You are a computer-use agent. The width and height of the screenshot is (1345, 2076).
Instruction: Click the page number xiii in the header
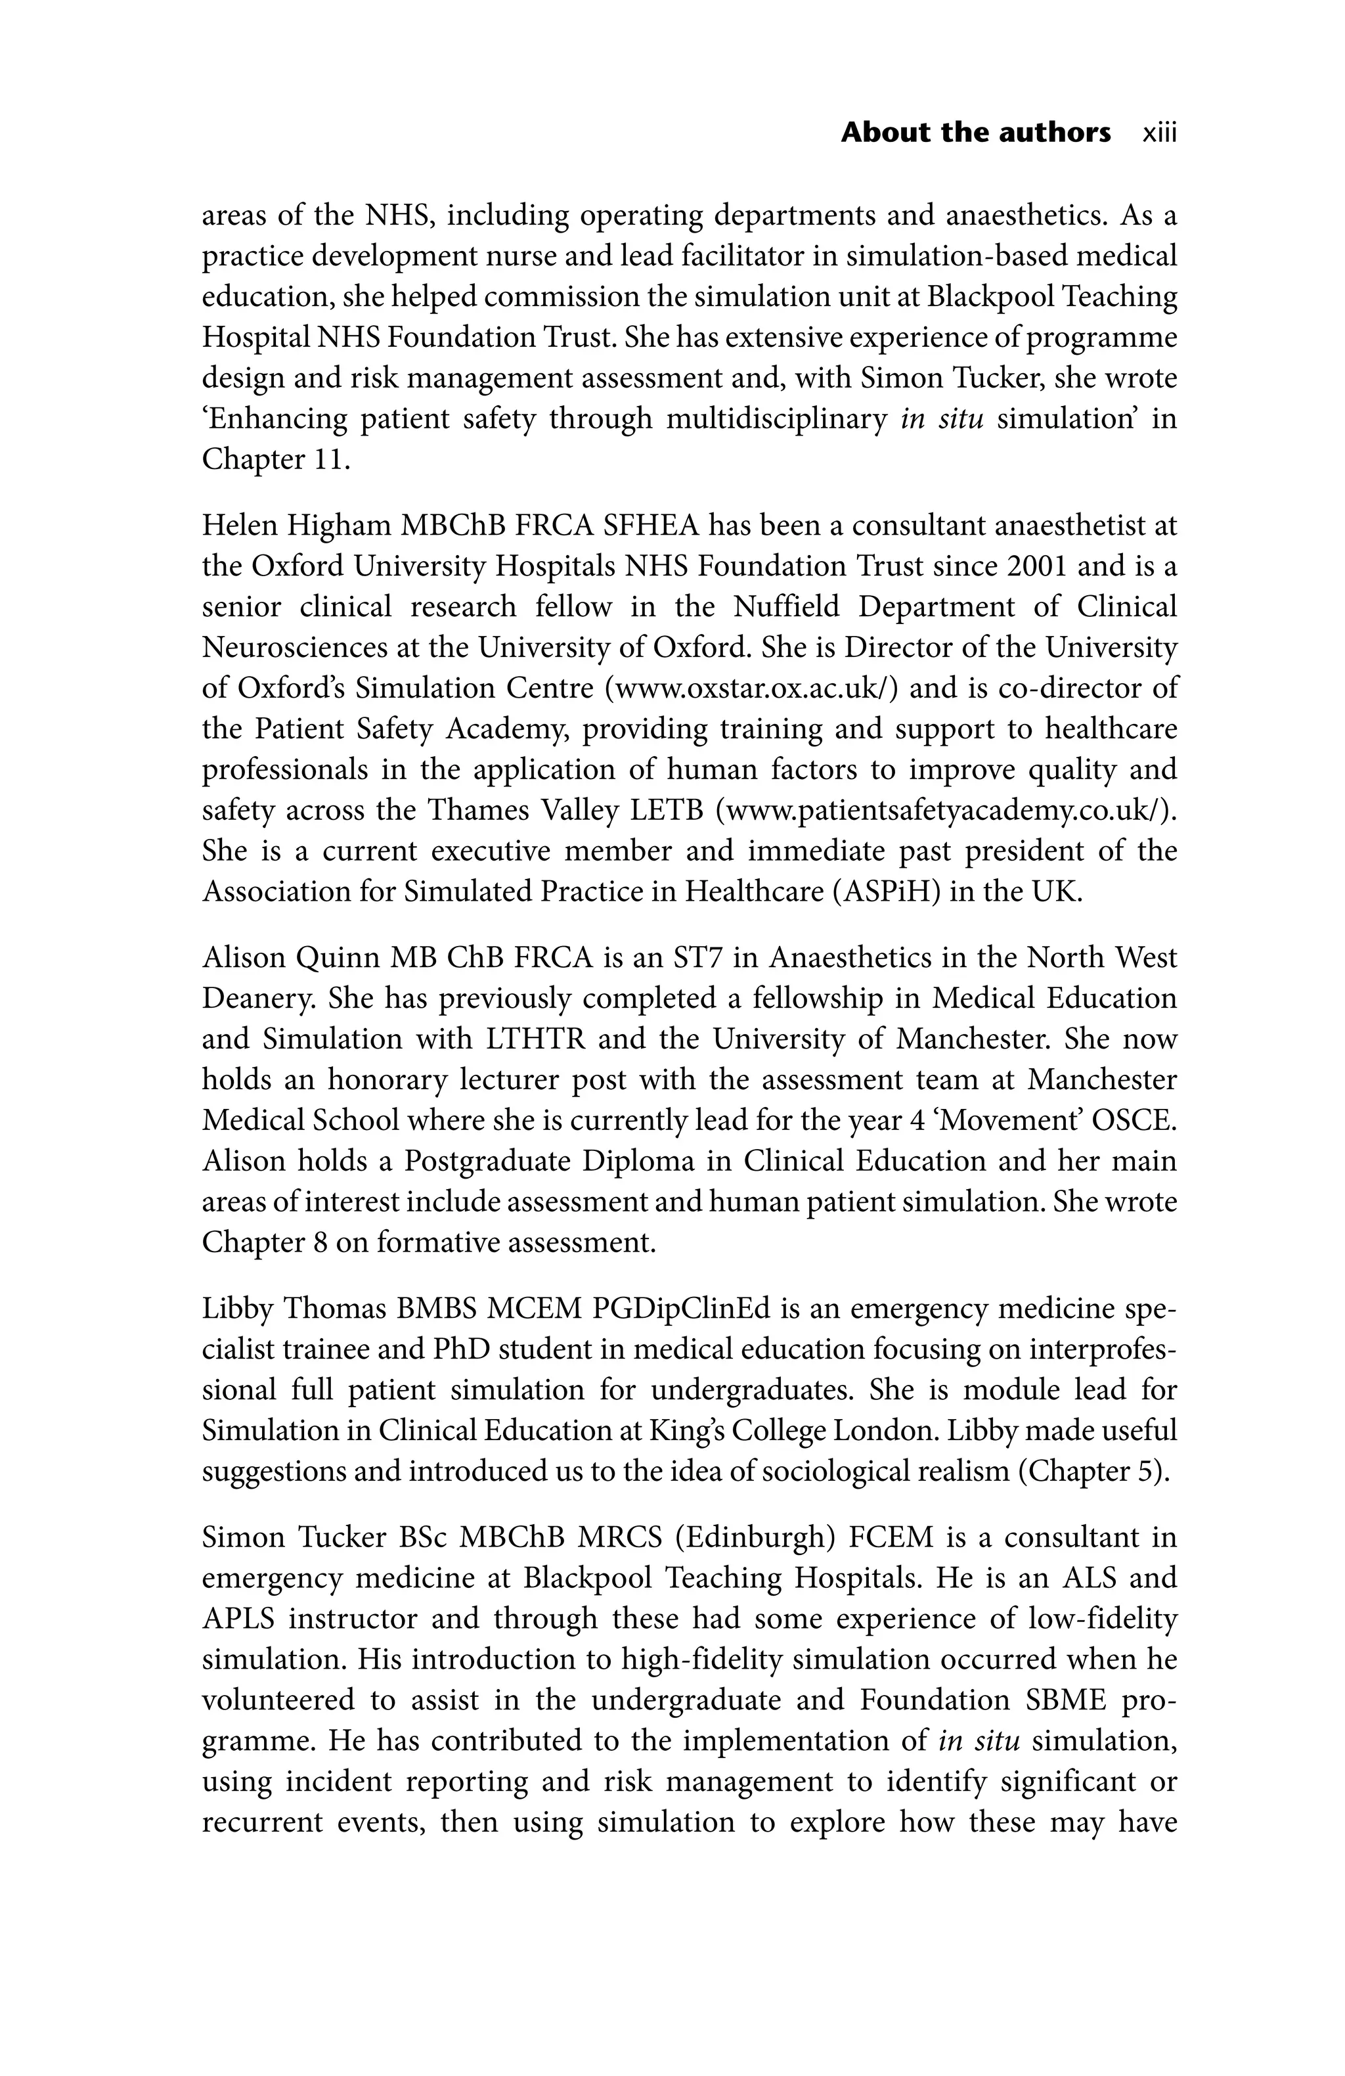1158,133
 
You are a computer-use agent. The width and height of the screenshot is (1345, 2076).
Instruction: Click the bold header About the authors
975,133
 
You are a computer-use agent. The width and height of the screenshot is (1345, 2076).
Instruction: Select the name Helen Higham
297,526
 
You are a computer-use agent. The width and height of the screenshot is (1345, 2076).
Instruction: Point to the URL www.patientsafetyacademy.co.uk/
946,810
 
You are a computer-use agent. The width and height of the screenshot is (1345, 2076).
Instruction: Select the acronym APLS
237,1618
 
